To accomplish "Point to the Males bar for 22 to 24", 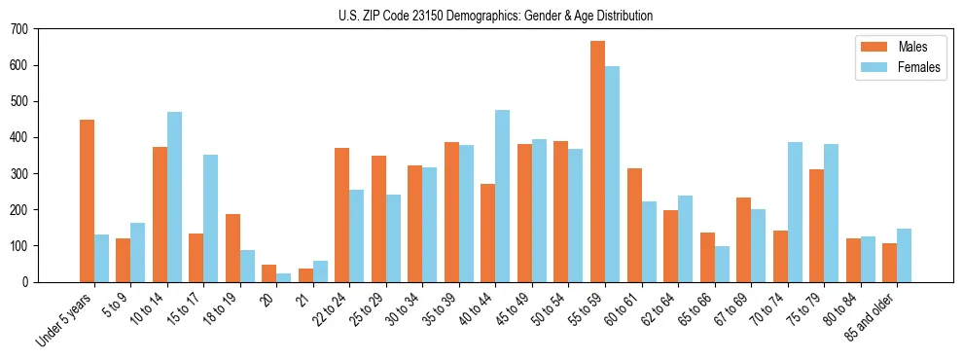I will [342, 215].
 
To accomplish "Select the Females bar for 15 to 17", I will [211, 219].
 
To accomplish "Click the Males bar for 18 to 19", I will [232, 248].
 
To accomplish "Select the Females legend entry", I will [911, 68].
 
